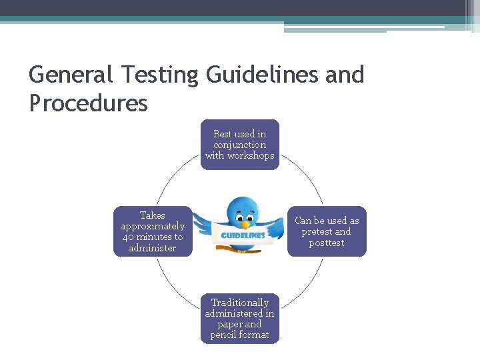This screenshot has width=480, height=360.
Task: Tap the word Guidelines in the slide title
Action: coord(263,75)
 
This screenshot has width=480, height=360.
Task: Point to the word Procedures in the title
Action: coord(88,103)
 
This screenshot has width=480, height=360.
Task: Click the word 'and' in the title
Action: coord(345,75)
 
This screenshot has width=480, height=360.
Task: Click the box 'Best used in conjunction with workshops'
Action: coord(240,145)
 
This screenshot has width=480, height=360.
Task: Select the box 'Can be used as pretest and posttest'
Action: coord(327,231)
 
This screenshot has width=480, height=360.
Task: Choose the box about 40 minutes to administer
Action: coord(153,231)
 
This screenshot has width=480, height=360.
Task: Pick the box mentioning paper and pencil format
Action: coord(240,319)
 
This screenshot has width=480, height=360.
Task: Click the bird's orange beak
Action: coord(245,225)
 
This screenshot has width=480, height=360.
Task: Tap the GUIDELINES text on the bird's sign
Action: coord(243,235)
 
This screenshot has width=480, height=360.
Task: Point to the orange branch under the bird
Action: coord(243,251)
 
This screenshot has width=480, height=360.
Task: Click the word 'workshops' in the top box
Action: coord(250,155)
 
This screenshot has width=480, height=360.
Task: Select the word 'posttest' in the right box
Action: coord(327,243)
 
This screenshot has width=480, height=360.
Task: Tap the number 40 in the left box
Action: coord(128,237)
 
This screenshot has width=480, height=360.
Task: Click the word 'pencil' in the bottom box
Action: coord(224,335)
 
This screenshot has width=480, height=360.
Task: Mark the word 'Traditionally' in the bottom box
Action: coord(240,303)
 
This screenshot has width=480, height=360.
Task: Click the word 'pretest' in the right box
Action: coord(317,232)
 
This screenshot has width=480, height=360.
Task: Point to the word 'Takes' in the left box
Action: coord(153,215)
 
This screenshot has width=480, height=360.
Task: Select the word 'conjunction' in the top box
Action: coord(240,145)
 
